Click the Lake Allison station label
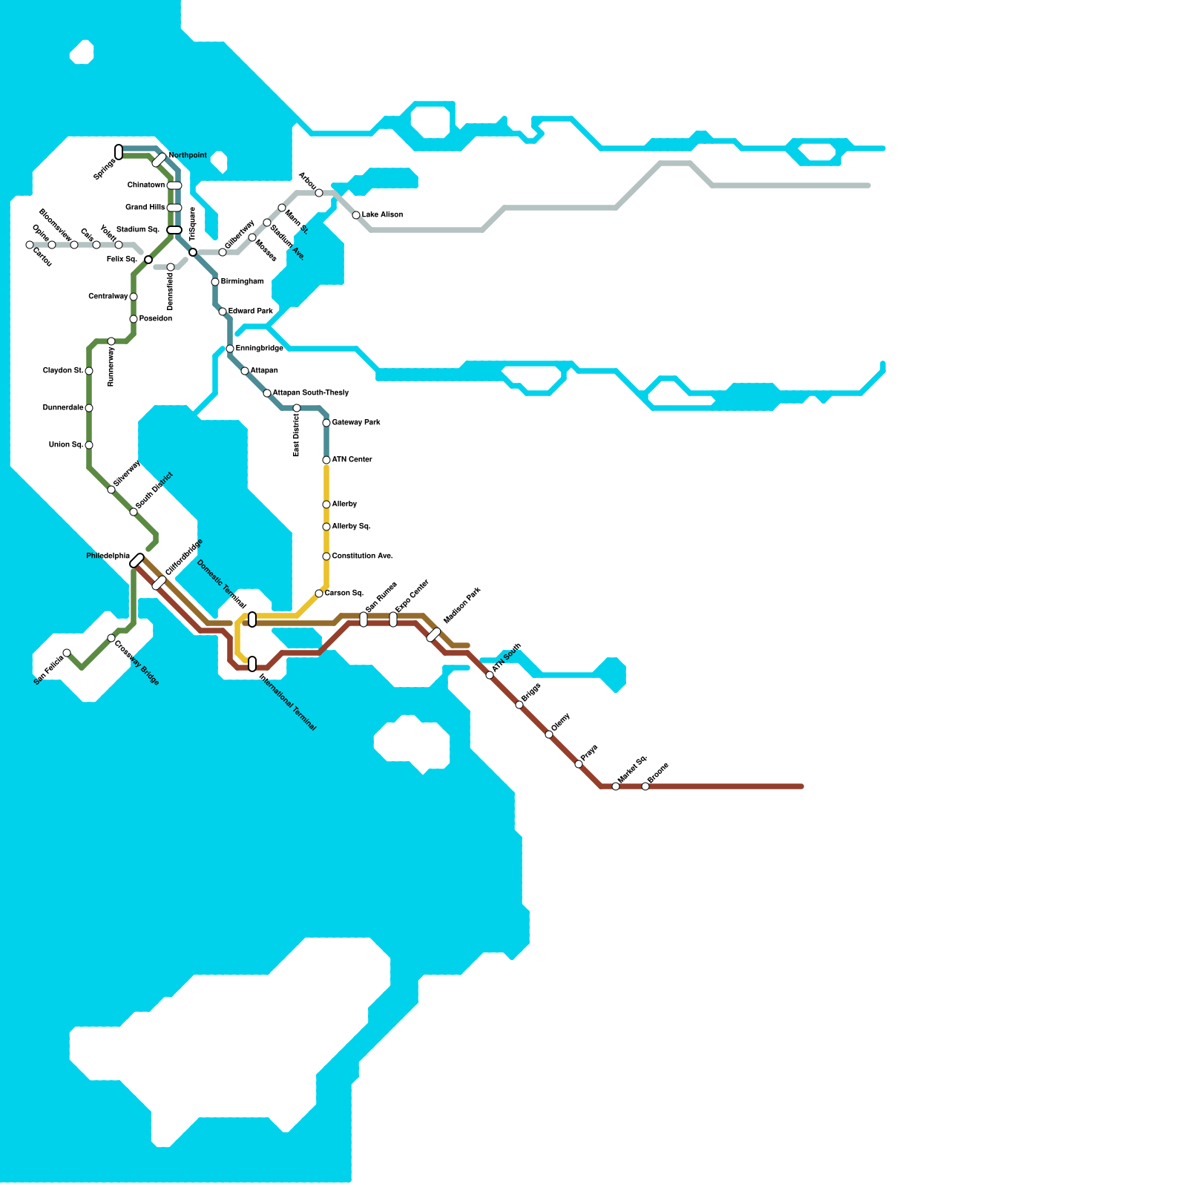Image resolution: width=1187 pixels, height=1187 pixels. coord(382,215)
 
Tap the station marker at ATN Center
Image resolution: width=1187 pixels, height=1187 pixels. coord(326,460)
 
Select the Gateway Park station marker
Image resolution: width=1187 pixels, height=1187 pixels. coord(326,423)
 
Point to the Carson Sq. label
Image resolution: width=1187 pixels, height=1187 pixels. coord(344,593)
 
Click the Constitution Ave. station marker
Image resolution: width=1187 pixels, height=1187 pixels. coord(326,556)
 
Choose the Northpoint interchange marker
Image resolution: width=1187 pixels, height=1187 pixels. coord(160,160)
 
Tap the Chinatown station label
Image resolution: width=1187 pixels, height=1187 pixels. coord(146,185)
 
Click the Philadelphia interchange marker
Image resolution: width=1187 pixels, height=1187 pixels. coord(137,561)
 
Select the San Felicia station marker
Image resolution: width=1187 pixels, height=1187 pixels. coord(67,653)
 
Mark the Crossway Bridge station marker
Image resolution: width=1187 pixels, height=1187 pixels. coord(111,638)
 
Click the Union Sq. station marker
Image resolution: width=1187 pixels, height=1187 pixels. coord(89,445)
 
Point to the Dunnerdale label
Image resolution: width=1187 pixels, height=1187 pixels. coord(63,408)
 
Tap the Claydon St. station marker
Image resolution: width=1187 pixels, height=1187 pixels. coord(89,371)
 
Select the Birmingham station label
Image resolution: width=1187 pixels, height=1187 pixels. coord(243,282)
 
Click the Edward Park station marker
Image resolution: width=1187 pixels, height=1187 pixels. coord(223,312)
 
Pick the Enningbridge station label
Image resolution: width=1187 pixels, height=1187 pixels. coord(260,349)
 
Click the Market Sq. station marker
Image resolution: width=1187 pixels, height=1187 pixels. coord(616,786)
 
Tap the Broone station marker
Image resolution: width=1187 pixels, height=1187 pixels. coord(645,786)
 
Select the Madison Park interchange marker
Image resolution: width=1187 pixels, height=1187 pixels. coord(434,635)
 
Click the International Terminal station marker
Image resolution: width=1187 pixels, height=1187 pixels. coord(252,664)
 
